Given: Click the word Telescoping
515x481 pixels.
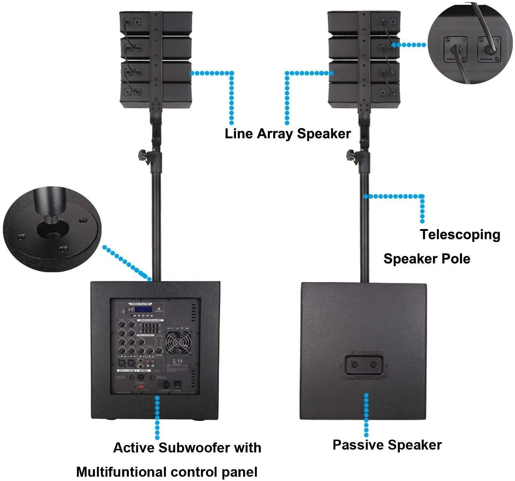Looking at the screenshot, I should tap(460, 235).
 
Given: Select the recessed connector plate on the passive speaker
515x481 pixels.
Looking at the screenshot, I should tap(364, 365).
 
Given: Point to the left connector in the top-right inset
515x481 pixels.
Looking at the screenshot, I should tap(455, 49).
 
